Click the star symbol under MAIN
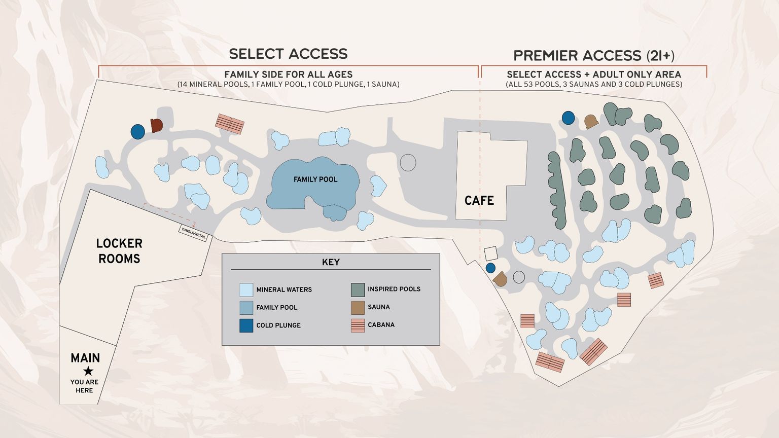point(88,371)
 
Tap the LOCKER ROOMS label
point(119,251)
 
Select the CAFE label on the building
point(479,201)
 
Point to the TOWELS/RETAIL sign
point(193,233)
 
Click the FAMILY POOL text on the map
point(315,179)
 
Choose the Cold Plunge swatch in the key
point(246,325)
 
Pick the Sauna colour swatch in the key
point(358,307)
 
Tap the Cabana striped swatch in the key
point(358,325)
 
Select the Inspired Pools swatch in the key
point(358,289)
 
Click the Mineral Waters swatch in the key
point(246,289)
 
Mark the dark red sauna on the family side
point(156,125)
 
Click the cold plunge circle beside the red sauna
point(137,132)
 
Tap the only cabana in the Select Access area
point(230,124)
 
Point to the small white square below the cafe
point(490,253)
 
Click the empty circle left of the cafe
point(408,163)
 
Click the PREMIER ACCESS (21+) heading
point(593,55)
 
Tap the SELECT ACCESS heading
point(288,54)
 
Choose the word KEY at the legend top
point(331,262)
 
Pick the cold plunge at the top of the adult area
point(568,118)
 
